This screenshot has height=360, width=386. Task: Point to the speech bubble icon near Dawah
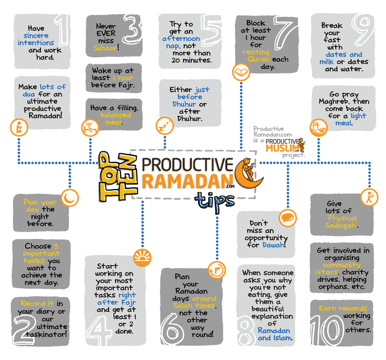(x=288, y=216)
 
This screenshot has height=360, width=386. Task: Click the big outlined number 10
(x=365, y=326)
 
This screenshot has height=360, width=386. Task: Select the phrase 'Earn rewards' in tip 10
(x=343, y=308)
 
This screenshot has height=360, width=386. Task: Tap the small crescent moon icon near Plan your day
(x=71, y=197)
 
